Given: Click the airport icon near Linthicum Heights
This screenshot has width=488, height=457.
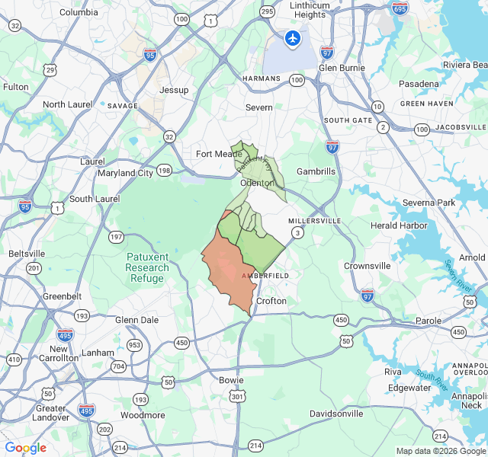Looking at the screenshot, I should coord(293,37).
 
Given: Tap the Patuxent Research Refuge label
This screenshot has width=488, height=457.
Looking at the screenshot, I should coord(147,267).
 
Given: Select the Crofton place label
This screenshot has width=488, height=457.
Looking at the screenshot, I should coord(271,301).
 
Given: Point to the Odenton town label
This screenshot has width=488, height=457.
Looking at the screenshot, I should coord(257,184).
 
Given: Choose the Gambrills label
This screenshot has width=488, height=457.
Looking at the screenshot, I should coord(316,171).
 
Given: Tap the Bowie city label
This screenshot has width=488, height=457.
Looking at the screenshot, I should coord(231,380).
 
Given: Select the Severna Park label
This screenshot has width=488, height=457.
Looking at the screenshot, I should coord(428,203).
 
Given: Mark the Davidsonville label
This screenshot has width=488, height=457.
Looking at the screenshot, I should coord(336,414).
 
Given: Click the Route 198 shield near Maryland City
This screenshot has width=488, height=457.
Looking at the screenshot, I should coord(164,171).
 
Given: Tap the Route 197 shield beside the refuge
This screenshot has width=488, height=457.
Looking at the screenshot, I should coord(116,237).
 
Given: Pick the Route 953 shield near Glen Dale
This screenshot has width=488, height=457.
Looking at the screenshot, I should coord(135,345).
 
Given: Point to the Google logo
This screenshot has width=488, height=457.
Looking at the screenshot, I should coord(25,448).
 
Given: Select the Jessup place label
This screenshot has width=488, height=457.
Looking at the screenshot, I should coord(174,90).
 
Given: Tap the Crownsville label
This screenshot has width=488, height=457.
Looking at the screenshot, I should coord(367,266).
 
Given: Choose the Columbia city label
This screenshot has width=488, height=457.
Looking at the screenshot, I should coord(79,12).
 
